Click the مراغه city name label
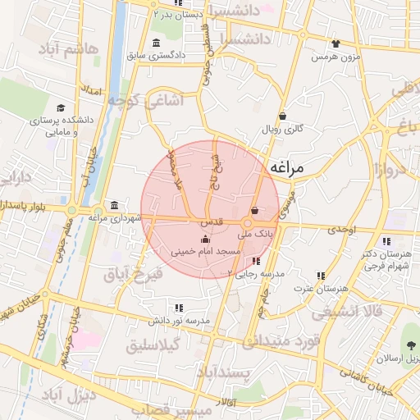click(x=286, y=167)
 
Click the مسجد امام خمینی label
click(x=204, y=251)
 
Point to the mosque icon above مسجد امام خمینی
click(x=204, y=239)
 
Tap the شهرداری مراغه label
click(x=112, y=218)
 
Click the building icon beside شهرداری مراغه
click(x=113, y=205)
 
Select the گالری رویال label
click(x=283, y=130)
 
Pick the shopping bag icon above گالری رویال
click(x=283, y=116)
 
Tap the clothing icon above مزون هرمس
click(x=336, y=44)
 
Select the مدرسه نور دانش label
click(x=180, y=320)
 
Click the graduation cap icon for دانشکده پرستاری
click(x=60, y=108)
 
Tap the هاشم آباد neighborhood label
click(x=68, y=51)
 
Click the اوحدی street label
click(x=343, y=231)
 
